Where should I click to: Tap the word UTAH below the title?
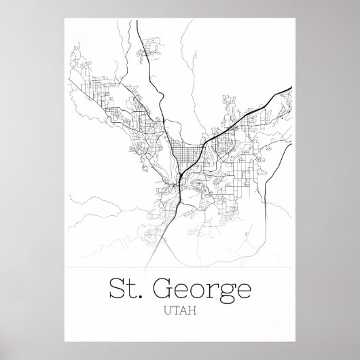[x=179, y=314]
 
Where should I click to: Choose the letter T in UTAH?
[x=176, y=314]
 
